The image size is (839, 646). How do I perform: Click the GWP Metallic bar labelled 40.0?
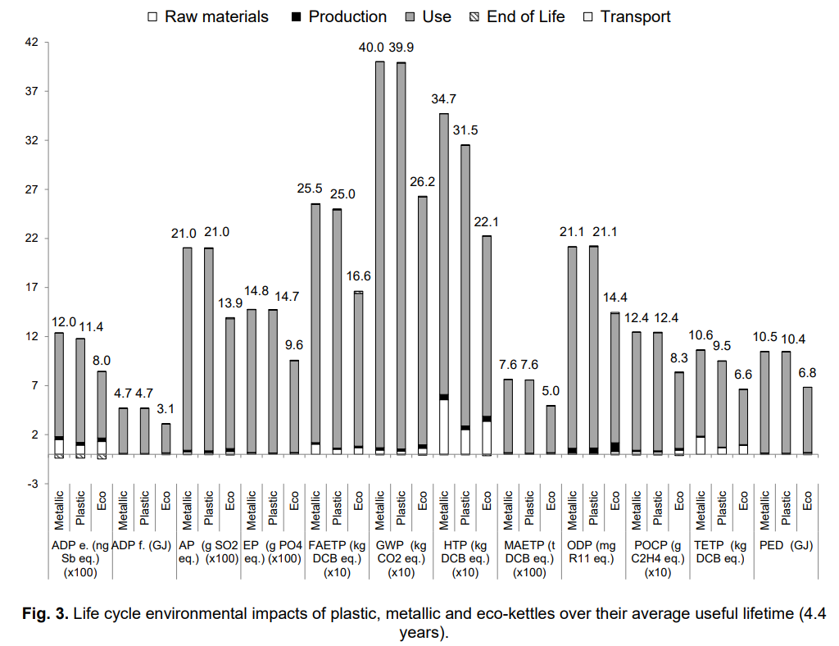pyautogui.click(x=379, y=254)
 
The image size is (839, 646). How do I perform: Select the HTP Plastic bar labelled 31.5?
pyautogui.click(x=465, y=287)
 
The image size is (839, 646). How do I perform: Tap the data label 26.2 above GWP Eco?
pyautogui.click(x=423, y=182)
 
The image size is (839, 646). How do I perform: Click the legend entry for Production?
pyautogui.click(x=338, y=16)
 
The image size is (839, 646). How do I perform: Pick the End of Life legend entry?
pyautogui.click(x=515, y=16)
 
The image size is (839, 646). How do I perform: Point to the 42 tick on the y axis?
pyautogui.click(x=30, y=42)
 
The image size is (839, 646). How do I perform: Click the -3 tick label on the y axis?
pyautogui.click(x=30, y=484)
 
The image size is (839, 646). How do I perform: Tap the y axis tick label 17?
pyautogui.click(x=30, y=288)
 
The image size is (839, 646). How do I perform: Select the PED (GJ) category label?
pyautogui.click(x=786, y=545)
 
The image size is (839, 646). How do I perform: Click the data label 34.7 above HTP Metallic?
pyautogui.click(x=444, y=99)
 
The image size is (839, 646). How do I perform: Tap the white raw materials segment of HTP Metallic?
pyautogui.click(x=444, y=426)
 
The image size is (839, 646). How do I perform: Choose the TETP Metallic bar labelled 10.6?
pyautogui.click(x=701, y=394)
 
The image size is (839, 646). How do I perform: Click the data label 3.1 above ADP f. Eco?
pyautogui.click(x=166, y=408)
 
